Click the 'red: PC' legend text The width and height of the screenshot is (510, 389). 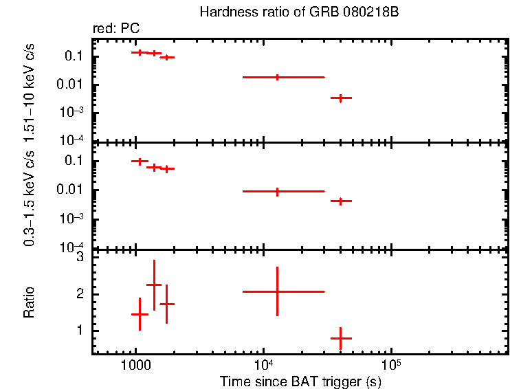pyautogui.click(x=115, y=28)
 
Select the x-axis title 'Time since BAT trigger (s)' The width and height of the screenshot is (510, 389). pyautogui.click(x=300, y=381)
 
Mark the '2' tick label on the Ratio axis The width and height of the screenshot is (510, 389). pyautogui.click(x=80, y=294)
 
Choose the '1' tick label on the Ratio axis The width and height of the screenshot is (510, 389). pyautogui.click(x=80, y=331)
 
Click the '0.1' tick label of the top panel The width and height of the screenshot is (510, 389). pyautogui.click(x=74, y=56)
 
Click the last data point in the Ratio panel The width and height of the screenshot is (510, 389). pyautogui.click(x=341, y=338)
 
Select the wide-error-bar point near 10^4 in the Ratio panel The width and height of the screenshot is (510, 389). pyautogui.click(x=277, y=291)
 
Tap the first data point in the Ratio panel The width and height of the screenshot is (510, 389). pyautogui.click(x=140, y=314)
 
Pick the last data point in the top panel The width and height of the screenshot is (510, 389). pyautogui.click(x=341, y=98)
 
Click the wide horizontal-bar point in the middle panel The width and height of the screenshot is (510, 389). pyautogui.click(x=277, y=192)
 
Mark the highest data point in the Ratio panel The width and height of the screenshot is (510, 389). pyautogui.click(x=154, y=285)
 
